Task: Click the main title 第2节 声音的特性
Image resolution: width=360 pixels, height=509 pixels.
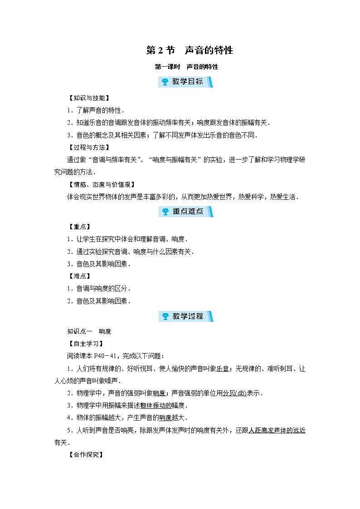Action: [x=189, y=50]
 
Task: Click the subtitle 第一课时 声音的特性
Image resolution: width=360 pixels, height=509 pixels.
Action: [x=186, y=67]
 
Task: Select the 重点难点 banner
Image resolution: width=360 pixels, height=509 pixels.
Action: [x=185, y=212]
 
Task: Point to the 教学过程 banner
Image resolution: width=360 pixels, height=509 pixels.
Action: [x=185, y=316]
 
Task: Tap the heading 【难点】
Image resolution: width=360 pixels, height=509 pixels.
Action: [x=78, y=276]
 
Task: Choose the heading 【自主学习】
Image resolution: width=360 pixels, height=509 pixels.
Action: [x=84, y=344]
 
